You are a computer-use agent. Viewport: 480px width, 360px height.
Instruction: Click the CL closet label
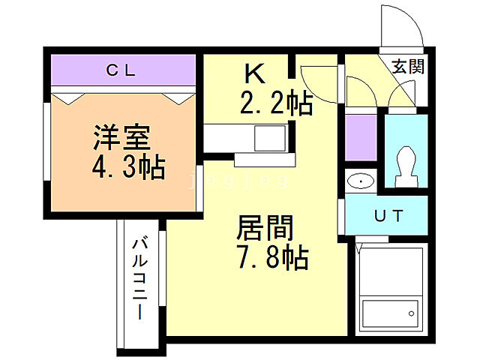(120, 71)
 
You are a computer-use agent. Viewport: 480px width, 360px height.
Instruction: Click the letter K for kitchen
(254, 74)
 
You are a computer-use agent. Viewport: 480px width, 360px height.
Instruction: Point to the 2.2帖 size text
(275, 103)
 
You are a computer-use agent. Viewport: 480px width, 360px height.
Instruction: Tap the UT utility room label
(388, 217)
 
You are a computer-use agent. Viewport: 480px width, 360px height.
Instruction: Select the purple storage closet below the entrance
(361, 138)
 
